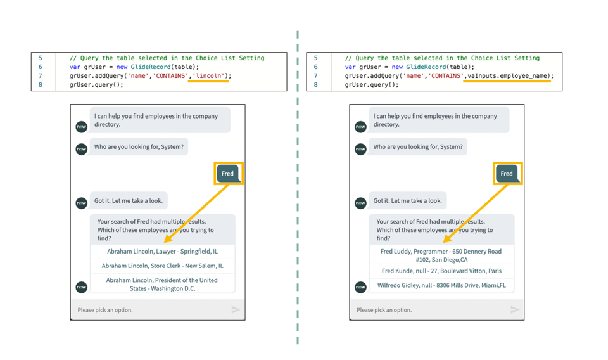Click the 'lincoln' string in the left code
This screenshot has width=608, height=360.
click(210, 76)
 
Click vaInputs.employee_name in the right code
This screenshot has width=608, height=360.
click(508, 76)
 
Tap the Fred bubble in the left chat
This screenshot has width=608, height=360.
click(227, 174)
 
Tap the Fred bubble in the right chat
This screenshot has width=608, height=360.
click(507, 174)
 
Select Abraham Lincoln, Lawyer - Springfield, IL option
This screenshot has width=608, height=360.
click(162, 252)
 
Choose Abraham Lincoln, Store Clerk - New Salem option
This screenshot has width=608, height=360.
click(162, 266)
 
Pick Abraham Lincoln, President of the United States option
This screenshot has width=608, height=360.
click(162, 284)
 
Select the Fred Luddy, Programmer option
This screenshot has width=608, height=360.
click(441, 255)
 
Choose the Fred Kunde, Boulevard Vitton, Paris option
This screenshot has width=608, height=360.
click(441, 271)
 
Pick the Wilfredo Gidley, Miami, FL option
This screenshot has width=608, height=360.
click(441, 286)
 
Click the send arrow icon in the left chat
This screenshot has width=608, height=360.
click(236, 310)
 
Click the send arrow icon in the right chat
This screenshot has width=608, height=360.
click(515, 310)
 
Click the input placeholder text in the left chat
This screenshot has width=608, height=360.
click(105, 310)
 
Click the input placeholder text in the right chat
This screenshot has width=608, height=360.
click(384, 310)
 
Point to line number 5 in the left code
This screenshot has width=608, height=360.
click(40, 58)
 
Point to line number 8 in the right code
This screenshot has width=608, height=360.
click(315, 85)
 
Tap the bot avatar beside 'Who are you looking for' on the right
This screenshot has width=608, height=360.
click(360, 150)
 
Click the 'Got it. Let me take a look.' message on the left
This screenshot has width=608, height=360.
click(129, 201)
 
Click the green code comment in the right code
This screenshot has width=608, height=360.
click(442, 58)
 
